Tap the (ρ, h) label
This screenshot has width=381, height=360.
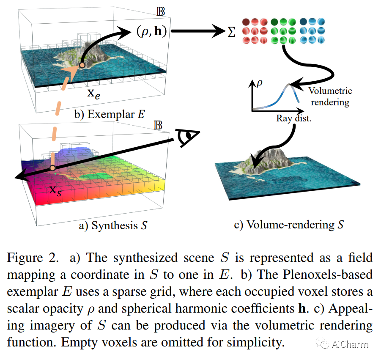pos(154,31)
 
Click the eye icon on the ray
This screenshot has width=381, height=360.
pos(186,137)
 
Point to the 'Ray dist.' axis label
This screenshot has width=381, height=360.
pos(294,119)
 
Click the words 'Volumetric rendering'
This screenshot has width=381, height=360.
pos(330,96)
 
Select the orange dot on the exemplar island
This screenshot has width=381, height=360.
pos(82,66)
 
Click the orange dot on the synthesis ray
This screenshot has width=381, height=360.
pos(52,168)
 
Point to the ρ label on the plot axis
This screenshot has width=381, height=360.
pos(259,83)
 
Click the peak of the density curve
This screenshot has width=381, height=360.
pos(288,85)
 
